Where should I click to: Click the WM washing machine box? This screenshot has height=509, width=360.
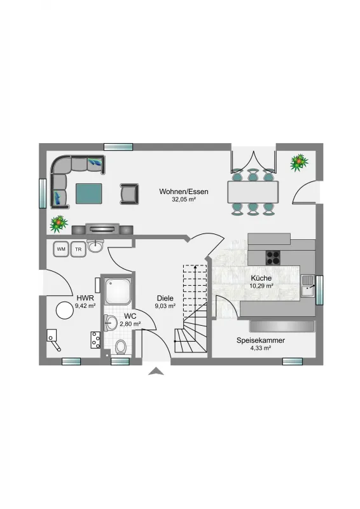tap(61, 249)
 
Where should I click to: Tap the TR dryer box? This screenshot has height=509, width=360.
tap(78, 249)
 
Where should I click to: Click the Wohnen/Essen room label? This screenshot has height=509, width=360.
tap(184, 192)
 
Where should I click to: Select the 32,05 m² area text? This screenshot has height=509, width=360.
tap(184, 200)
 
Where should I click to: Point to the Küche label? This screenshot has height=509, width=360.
tap(261, 278)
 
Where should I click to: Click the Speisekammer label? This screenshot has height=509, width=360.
tap(261, 340)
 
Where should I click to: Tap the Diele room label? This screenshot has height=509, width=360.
tap(165, 298)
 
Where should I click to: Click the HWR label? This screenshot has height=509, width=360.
tap(85, 298)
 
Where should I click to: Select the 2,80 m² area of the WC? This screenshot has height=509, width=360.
tap(130, 324)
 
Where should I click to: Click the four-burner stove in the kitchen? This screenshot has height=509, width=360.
tap(273, 258)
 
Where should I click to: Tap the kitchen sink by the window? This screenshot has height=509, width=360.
tap(308, 285)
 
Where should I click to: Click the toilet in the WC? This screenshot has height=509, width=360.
tap(121, 347)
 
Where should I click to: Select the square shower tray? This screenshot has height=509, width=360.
tap(118, 291)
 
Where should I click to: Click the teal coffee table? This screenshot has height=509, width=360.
tap(88, 194)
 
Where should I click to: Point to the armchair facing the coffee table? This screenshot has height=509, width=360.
tap(129, 194)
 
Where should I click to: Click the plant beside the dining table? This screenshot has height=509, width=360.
tap(299, 163)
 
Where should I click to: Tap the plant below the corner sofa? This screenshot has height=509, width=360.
tap(59, 224)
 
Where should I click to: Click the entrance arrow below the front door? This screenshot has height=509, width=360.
tap(156, 372)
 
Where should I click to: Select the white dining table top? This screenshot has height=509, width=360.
tap(253, 192)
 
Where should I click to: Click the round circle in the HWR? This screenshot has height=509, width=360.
tap(65, 310)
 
